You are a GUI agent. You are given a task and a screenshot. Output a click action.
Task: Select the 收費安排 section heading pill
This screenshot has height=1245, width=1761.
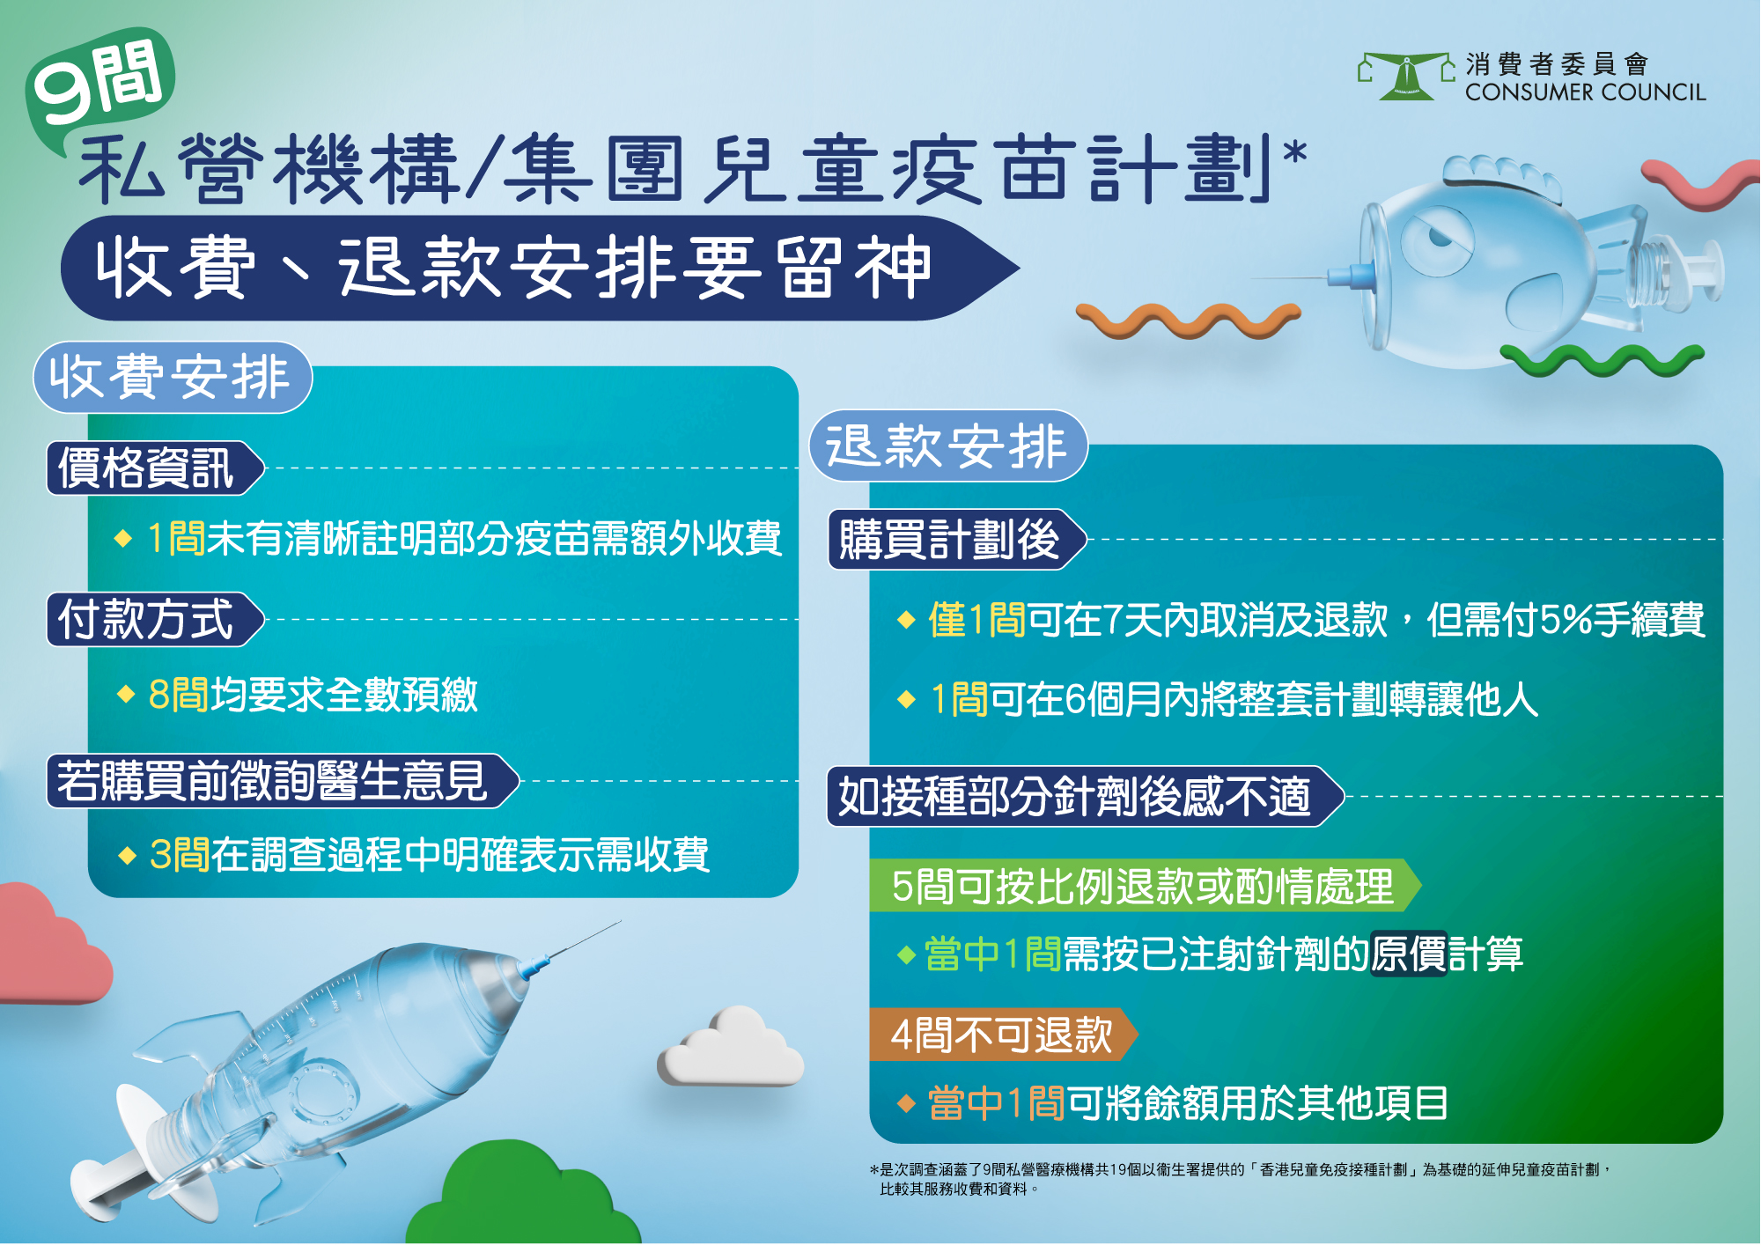(x=173, y=378)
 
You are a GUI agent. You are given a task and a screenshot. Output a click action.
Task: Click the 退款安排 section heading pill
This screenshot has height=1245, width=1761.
(x=948, y=446)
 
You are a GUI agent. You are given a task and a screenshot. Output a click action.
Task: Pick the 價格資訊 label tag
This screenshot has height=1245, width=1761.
(x=155, y=468)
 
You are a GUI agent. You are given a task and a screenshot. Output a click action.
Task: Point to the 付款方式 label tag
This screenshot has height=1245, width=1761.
(x=155, y=620)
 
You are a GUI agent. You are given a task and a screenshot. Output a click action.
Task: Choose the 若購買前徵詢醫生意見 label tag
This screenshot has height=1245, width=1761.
(x=283, y=781)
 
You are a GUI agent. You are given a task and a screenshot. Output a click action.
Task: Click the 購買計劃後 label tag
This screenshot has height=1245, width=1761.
(x=958, y=540)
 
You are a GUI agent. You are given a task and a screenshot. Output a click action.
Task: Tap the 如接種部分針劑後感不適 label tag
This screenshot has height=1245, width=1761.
(x=1086, y=797)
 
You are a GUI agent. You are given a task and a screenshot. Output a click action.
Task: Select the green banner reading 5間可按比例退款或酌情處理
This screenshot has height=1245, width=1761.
(x=1145, y=886)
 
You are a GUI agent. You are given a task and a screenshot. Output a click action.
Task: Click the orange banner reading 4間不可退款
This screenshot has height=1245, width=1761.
(x=1003, y=1035)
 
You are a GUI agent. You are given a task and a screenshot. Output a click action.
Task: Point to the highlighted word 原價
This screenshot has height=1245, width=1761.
(x=1409, y=954)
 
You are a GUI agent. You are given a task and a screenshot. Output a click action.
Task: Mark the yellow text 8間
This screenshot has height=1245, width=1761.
(x=179, y=695)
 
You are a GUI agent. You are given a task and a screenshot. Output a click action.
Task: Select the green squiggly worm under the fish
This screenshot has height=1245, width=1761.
(x=1603, y=359)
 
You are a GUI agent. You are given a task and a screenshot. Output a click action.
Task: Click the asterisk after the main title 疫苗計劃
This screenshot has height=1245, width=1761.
(x=1294, y=152)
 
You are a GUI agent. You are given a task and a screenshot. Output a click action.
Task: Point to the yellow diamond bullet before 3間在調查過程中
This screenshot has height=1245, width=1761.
(x=128, y=856)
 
